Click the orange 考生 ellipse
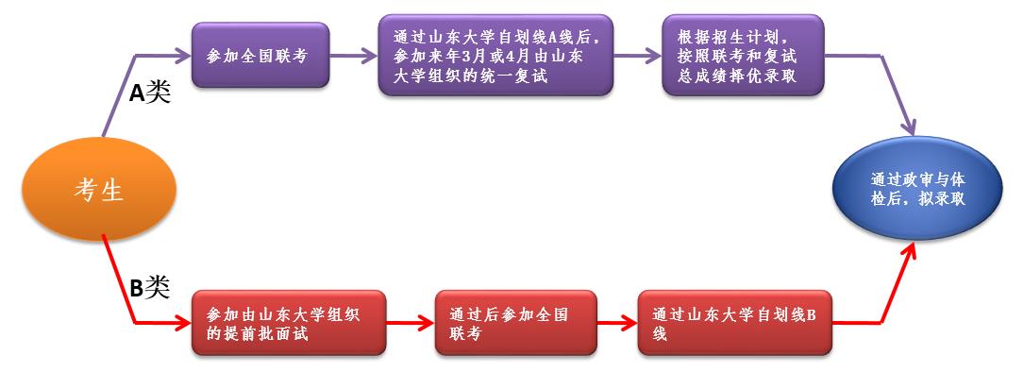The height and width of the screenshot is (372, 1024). pyautogui.click(x=99, y=192)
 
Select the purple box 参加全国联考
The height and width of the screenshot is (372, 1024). pyautogui.click(x=260, y=56)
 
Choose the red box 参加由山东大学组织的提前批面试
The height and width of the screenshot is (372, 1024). pyautogui.click(x=288, y=322)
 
